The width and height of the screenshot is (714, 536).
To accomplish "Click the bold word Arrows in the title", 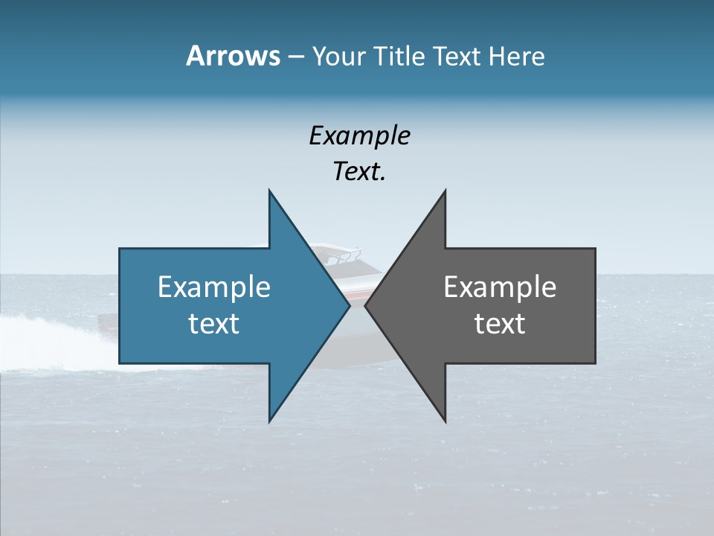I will [233, 56].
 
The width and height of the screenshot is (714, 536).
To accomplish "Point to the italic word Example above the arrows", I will [360, 135].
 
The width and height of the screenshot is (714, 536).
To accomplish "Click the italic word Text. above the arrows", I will [360, 171].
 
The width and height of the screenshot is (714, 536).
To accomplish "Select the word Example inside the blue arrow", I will [214, 287].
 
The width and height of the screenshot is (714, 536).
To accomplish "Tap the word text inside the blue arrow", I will [214, 323].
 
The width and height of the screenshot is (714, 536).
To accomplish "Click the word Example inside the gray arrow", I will [500, 287].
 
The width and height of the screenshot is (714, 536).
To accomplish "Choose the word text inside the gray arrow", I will [500, 323].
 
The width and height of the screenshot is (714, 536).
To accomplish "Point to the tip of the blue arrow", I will [350, 305].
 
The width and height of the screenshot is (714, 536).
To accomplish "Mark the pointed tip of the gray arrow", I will [365, 305].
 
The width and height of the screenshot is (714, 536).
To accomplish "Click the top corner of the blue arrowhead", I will [269, 191].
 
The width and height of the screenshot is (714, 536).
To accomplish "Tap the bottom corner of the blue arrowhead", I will [269, 421].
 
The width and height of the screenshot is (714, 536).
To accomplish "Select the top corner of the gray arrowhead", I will [446, 191].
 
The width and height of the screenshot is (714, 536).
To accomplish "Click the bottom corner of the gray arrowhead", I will [446, 421].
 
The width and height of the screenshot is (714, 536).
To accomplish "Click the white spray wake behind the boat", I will [45, 328].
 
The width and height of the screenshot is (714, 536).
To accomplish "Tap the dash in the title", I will [295, 57].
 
